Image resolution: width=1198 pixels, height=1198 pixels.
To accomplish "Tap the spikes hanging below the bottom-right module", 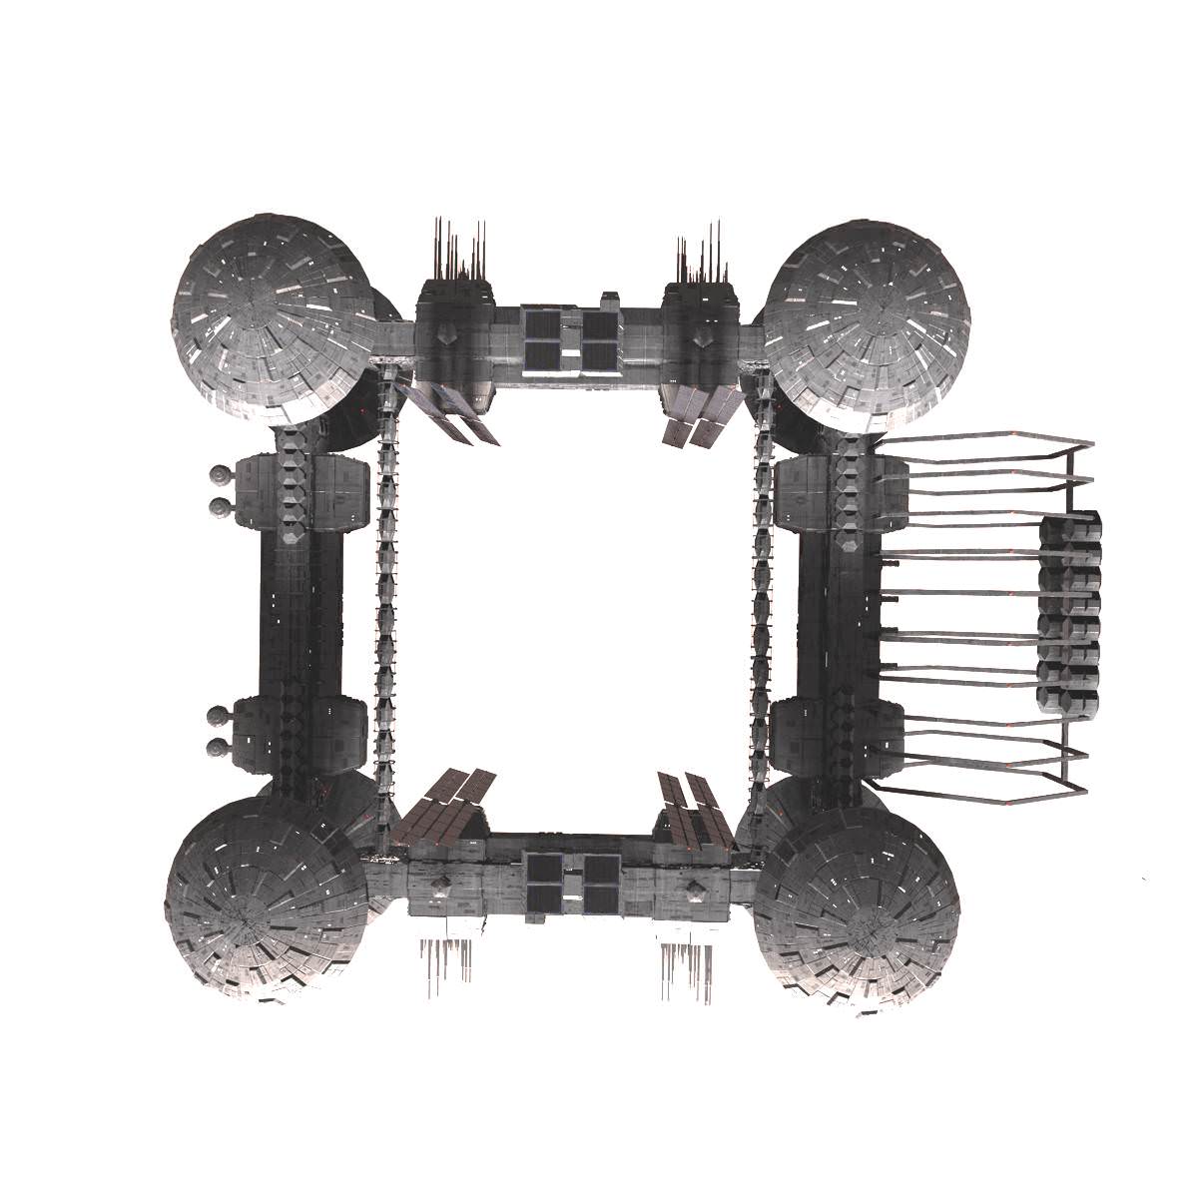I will tap(689, 968).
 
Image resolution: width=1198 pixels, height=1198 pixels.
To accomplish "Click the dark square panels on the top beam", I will tap(569, 339).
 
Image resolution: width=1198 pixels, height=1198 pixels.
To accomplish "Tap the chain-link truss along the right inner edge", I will tap(761, 599).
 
